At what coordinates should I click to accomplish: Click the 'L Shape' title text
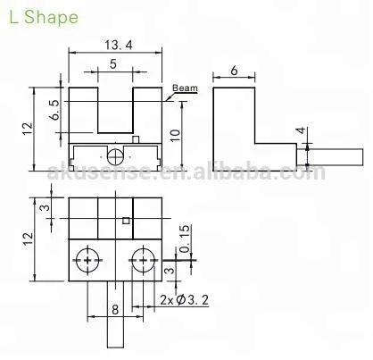click(44, 17)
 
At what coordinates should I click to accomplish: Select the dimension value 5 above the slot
click(112, 64)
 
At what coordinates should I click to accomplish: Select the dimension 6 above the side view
click(234, 68)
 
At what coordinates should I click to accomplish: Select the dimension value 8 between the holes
click(114, 310)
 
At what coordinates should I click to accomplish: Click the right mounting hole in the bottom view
click(140, 261)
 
